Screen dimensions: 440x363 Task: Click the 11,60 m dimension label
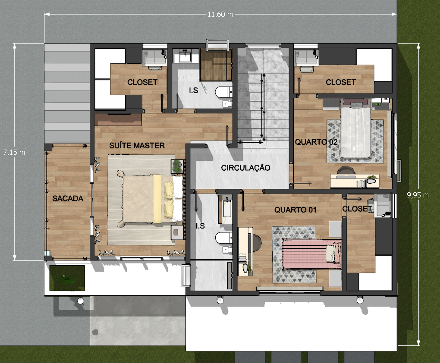click(x=220, y=14)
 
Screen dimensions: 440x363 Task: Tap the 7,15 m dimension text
click(x=14, y=152)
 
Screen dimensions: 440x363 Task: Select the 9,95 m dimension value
click(x=418, y=195)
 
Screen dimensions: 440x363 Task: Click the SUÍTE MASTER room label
click(x=137, y=145)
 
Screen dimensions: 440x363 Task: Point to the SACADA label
click(x=68, y=198)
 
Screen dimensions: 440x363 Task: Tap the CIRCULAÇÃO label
click(x=245, y=168)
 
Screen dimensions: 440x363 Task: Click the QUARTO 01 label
click(x=295, y=210)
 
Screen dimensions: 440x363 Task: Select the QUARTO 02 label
click(x=316, y=142)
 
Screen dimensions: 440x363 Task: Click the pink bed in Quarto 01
click(x=311, y=254)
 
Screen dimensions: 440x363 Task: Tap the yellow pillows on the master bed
click(x=169, y=199)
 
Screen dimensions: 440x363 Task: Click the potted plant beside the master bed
click(x=177, y=166)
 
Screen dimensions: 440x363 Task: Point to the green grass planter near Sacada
click(x=67, y=278)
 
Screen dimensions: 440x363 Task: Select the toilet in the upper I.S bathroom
click(x=223, y=93)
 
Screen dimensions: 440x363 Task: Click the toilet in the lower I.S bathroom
click(x=223, y=238)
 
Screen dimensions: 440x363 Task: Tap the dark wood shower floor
click(x=216, y=64)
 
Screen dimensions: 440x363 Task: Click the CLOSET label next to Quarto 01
click(x=357, y=209)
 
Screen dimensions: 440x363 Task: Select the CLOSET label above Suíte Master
click(x=142, y=82)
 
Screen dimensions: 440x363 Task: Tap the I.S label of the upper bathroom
click(x=193, y=91)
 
